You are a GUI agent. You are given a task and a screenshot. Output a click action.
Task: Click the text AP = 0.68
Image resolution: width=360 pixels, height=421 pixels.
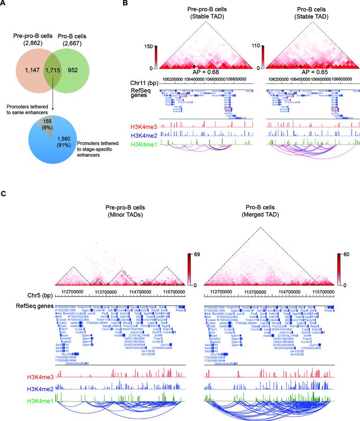click(207, 73)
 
